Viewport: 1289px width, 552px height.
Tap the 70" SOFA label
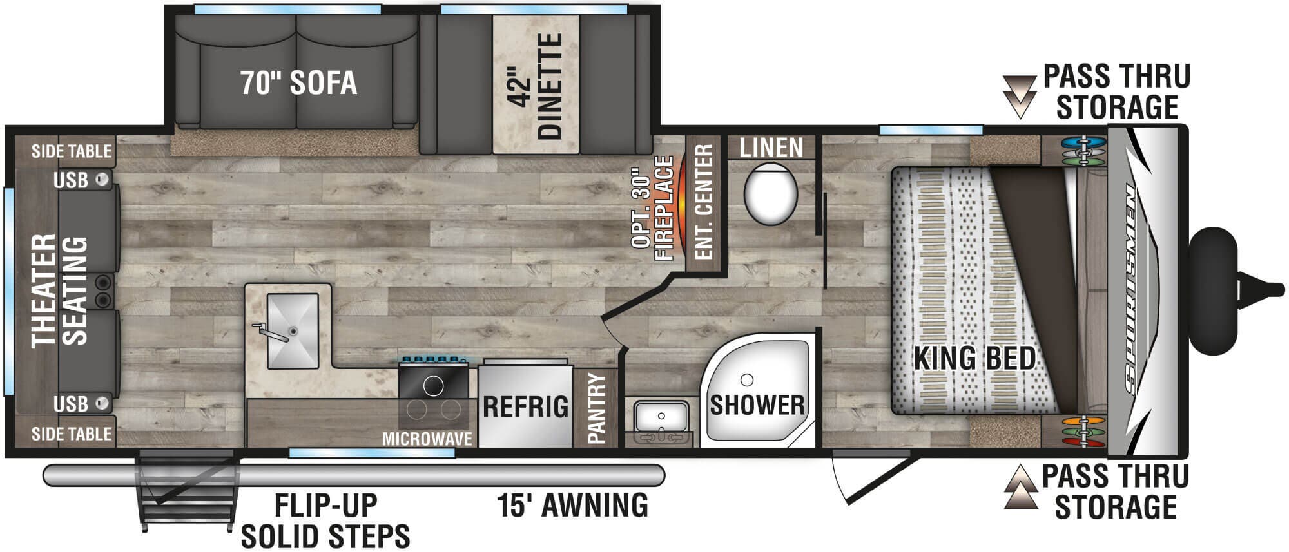(299, 83)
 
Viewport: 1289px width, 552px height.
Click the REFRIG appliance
(525, 406)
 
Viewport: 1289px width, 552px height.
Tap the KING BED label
(974, 358)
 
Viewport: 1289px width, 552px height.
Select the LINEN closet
(771, 148)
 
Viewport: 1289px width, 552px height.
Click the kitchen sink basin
(293, 331)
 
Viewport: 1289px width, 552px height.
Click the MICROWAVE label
(427, 439)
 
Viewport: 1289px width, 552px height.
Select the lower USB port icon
(101, 404)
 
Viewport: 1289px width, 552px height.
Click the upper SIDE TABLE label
(72, 152)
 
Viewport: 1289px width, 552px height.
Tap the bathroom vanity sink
(661, 416)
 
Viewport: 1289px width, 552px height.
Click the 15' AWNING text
(572, 505)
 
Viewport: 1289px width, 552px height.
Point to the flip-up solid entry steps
(186, 490)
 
